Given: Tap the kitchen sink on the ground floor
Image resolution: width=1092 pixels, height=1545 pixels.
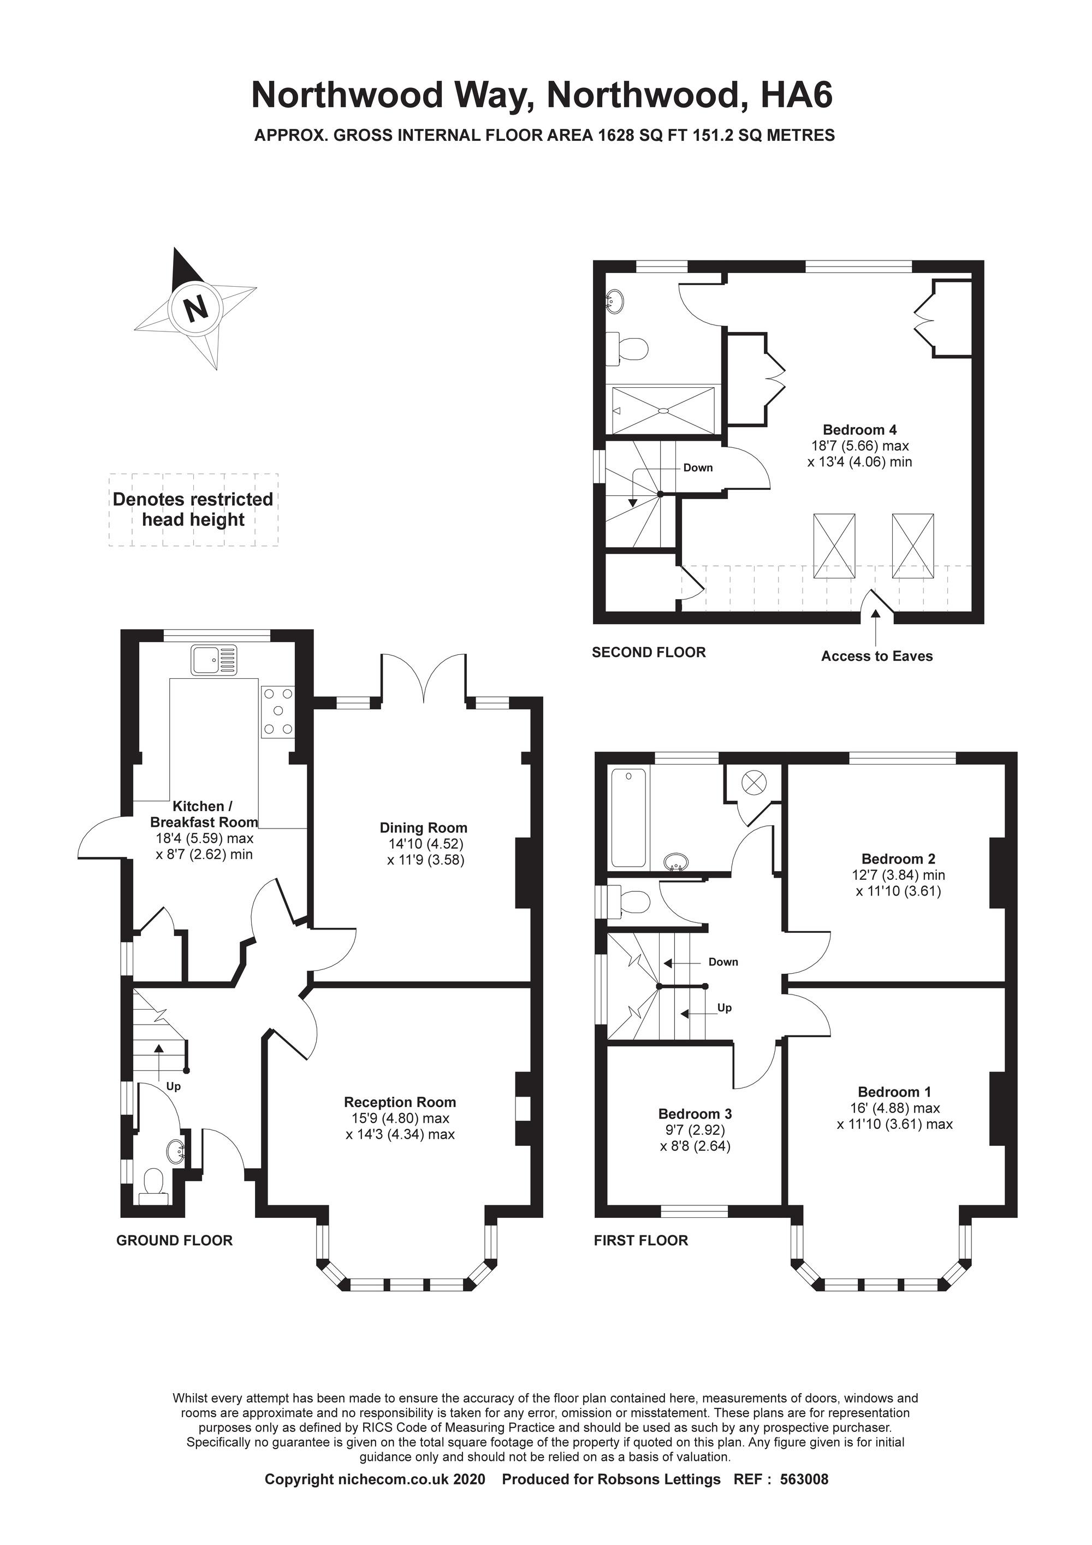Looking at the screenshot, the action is pyautogui.click(x=215, y=660).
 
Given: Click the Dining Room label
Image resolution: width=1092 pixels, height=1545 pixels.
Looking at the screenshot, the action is pyautogui.click(x=423, y=828).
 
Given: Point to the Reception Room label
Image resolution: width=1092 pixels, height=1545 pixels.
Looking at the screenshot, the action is pyautogui.click(x=400, y=1102).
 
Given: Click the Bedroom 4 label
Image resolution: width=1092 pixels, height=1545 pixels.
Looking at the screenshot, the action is pyautogui.click(x=860, y=429).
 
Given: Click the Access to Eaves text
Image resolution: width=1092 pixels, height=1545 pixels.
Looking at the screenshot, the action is pyautogui.click(x=877, y=656).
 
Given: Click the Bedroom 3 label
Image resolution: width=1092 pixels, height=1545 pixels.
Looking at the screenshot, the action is pyautogui.click(x=695, y=1114).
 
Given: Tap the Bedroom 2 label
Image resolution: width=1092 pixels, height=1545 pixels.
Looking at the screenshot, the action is pyautogui.click(x=898, y=859).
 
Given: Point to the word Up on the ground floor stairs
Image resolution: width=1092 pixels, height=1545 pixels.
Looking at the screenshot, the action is pyautogui.click(x=174, y=1086).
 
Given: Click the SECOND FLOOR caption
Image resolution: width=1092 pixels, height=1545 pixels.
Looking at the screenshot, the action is pyautogui.click(x=649, y=652).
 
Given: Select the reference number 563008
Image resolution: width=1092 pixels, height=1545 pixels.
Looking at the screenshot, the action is pyautogui.click(x=804, y=1493).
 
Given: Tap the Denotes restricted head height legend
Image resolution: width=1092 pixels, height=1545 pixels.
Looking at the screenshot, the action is pyautogui.click(x=193, y=510).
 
